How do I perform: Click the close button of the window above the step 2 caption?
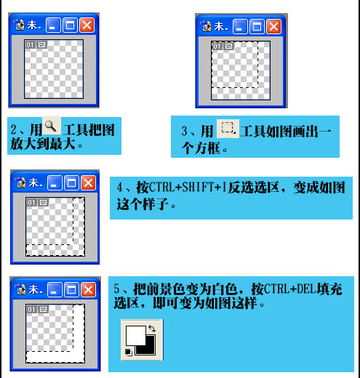[87, 25]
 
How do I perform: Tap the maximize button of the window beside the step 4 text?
[71, 182]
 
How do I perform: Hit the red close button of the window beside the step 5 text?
[88, 289]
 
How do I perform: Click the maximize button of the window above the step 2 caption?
[71, 25]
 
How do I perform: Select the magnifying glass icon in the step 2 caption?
[51, 126]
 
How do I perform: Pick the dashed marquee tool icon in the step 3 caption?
[228, 129]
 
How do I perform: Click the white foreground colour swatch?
[136, 336]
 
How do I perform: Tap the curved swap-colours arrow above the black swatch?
[152, 329]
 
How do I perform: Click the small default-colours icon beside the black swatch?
[129, 352]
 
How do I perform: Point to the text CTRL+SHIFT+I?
[188, 188]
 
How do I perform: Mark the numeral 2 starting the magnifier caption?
[14, 129]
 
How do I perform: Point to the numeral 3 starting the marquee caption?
[184, 131]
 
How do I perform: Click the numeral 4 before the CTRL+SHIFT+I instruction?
[120, 188]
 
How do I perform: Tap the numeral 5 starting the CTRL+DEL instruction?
[117, 289]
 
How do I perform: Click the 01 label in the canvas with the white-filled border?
[31, 309]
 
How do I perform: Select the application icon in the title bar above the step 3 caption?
[206, 26]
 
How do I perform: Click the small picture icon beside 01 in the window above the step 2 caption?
[42, 45]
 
